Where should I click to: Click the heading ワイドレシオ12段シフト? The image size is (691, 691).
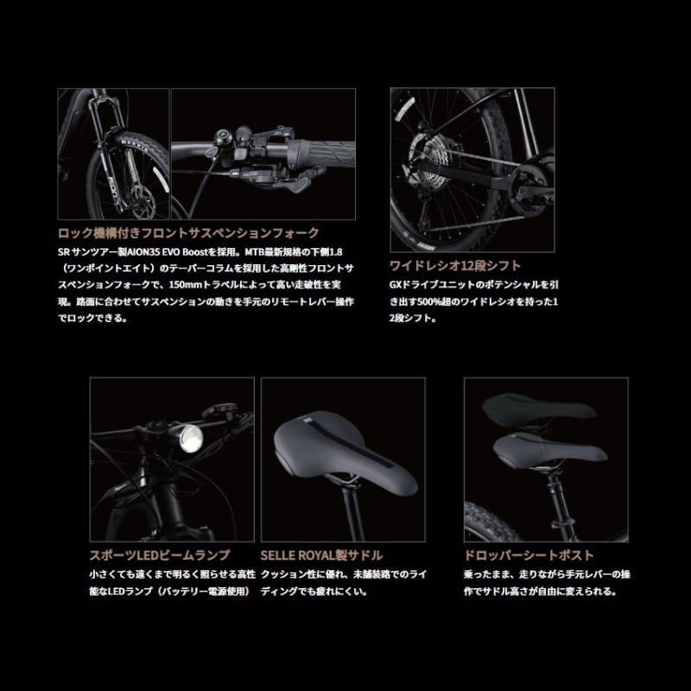pos(455,266)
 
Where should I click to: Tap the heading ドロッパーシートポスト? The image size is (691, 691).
pos(529,555)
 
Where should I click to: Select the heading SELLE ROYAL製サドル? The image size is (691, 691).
pos(321,555)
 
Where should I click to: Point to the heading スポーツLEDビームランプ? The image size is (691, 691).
pos(160,555)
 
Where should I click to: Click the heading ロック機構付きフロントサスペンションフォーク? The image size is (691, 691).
pos(188,232)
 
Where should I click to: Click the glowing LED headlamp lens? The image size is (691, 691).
pos(192,439)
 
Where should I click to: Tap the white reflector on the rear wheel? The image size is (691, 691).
pos(404,110)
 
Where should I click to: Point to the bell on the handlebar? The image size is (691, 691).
pos(220,136)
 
